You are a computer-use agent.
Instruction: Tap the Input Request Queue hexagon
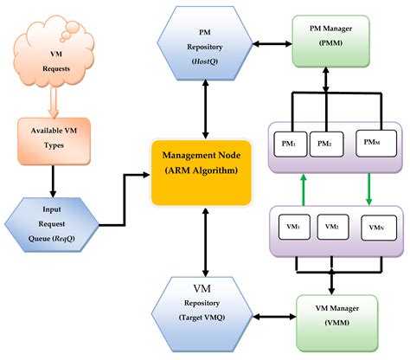coord(52,220)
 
